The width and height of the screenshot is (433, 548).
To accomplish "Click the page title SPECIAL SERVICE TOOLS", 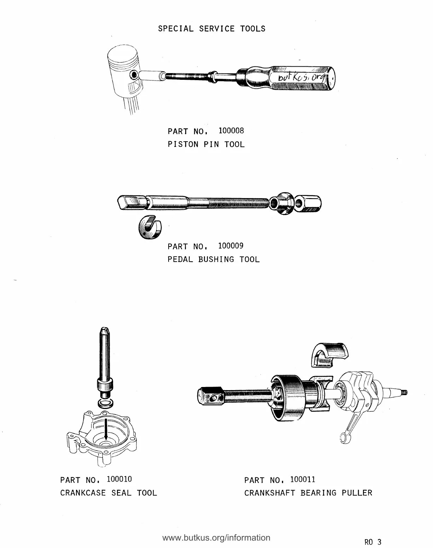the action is pyautogui.click(x=211, y=29).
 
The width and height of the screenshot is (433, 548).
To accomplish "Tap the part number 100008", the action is pyautogui.click(x=231, y=131).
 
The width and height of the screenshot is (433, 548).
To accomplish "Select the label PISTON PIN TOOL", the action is pyautogui.click(x=206, y=144).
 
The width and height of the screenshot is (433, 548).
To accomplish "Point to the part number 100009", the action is pyautogui.click(x=231, y=246).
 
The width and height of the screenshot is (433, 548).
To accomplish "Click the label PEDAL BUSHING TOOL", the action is pyautogui.click(x=213, y=259).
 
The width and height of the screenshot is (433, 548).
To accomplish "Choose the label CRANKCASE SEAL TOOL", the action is pyautogui.click(x=109, y=493).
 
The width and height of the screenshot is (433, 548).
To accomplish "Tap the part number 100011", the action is pyautogui.click(x=302, y=479).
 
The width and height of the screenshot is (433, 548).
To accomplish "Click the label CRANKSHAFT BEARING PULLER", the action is pyautogui.click(x=308, y=493).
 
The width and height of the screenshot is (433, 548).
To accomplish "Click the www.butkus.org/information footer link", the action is pyautogui.click(x=216, y=537).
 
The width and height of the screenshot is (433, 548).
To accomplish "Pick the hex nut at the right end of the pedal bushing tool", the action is pyautogui.click(x=308, y=203).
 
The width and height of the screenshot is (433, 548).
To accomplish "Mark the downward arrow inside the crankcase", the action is pyautogui.click(x=106, y=429).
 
